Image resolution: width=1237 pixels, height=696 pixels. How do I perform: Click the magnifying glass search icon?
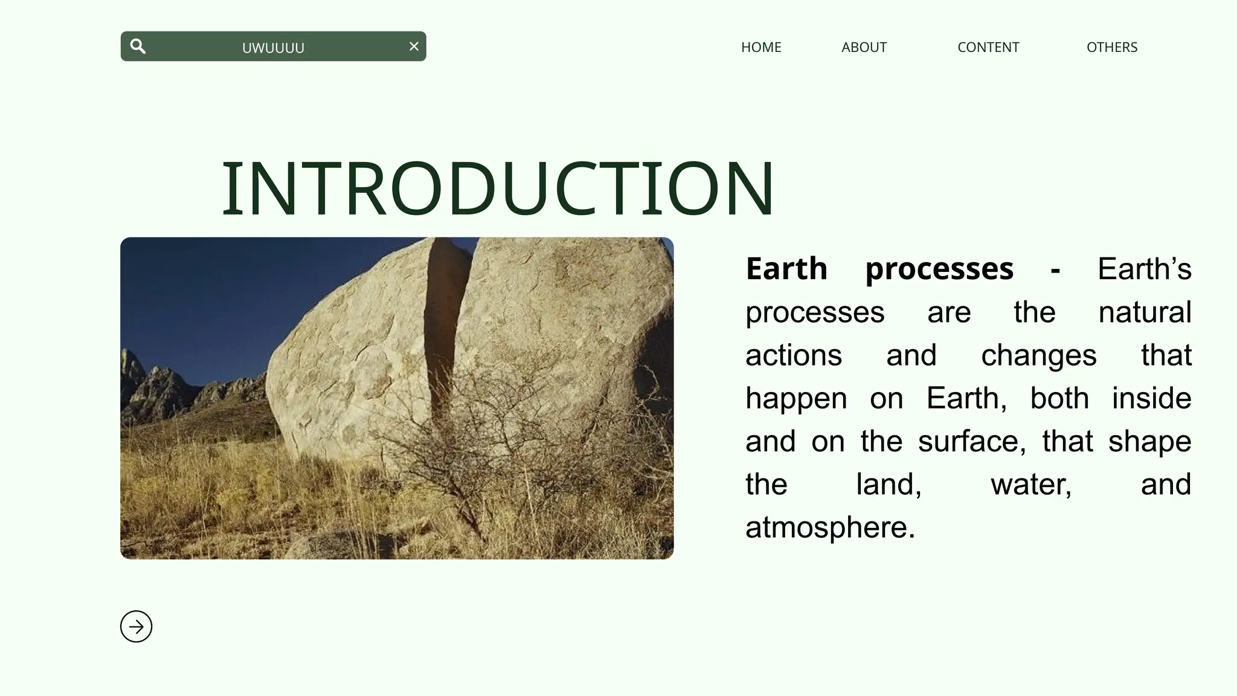pos(138,47)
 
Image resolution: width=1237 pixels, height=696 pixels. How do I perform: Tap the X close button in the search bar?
pos(414,47)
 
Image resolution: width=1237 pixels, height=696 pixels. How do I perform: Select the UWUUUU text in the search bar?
pos(273,48)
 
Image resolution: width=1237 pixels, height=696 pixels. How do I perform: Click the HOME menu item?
pos(761,47)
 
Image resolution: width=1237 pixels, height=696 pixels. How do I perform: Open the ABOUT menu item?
pos(864,47)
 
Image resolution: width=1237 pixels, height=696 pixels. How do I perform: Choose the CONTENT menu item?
pos(988,47)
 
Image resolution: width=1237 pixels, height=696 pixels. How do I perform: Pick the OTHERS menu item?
pos(1111,47)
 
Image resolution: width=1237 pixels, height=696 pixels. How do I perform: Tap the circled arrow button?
pos(137,627)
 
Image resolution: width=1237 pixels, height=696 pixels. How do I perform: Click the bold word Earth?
pos(786,268)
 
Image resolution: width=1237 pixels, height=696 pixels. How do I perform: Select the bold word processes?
pos(939,269)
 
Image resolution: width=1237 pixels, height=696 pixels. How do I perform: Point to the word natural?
pos(1145,312)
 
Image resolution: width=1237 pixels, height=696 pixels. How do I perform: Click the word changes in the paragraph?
pos(1038,356)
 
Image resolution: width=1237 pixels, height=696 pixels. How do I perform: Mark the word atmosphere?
pos(829,527)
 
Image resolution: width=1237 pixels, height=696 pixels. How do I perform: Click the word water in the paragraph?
pos(1030,485)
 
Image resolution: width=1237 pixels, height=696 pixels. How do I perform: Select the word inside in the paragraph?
pos(1151,398)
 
